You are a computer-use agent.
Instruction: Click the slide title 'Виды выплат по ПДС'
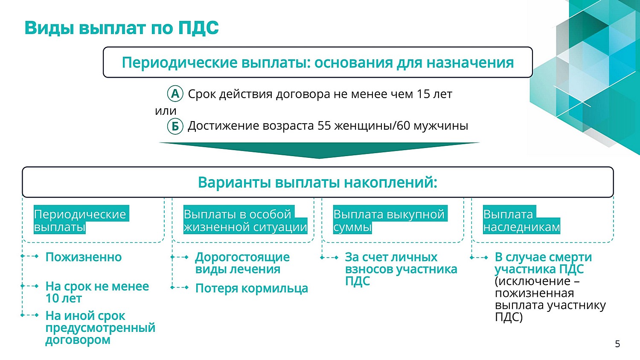click(x=122, y=28)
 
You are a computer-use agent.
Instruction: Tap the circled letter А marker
click(x=175, y=94)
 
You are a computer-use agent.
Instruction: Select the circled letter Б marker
click(x=175, y=126)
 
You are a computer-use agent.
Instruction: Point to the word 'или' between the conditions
click(x=166, y=111)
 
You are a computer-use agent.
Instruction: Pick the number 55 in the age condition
click(x=324, y=126)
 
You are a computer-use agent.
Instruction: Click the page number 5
click(x=618, y=344)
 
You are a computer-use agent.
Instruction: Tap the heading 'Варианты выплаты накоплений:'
click(x=318, y=183)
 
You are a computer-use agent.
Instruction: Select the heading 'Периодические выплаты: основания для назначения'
click(x=318, y=63)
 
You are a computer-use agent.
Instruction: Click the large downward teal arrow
click(x=319, y=150)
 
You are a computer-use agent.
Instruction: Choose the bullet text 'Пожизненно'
click(x=84, y=257)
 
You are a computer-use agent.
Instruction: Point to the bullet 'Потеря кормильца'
click(x=252, y=288)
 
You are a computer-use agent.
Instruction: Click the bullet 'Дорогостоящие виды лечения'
click(x=242, y=263)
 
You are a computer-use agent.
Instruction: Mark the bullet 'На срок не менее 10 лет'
click(x=97, y=292)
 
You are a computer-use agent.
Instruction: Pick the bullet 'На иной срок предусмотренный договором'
click(x=100, y=328)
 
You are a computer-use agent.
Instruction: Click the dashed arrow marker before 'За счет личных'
click(x=329, y=258)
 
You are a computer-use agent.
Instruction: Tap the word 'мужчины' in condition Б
click(x=441, y=126)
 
